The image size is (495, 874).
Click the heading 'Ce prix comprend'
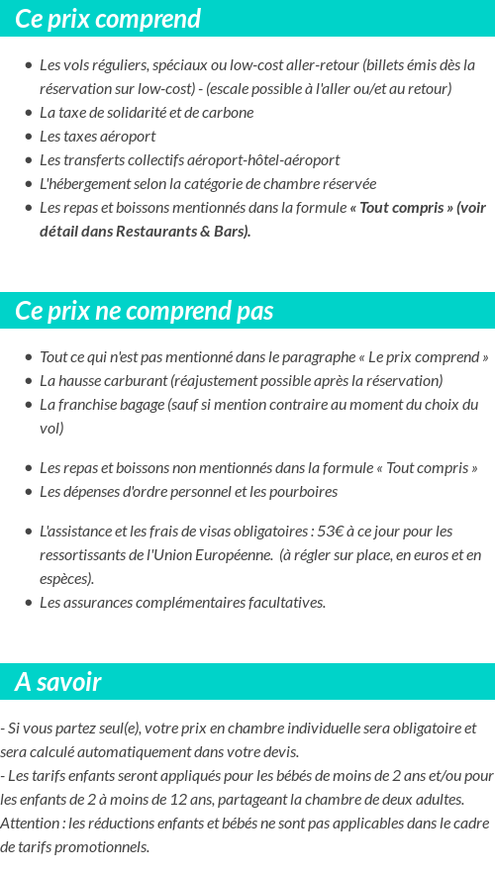(x=108, y=19)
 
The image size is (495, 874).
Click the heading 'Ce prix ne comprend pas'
(x=144, y=311)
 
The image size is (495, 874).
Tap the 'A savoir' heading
(x=58, y=682)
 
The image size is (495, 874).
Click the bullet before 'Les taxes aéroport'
(x=28, y=137)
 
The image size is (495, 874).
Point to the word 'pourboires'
(x=303, y=492)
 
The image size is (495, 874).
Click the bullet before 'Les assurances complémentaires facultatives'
(x=28, y=603)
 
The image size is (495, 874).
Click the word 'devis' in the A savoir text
(x=278, y=752)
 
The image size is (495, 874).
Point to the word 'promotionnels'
(x=103, y=847)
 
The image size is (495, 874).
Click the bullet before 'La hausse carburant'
(x=28, y=381)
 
